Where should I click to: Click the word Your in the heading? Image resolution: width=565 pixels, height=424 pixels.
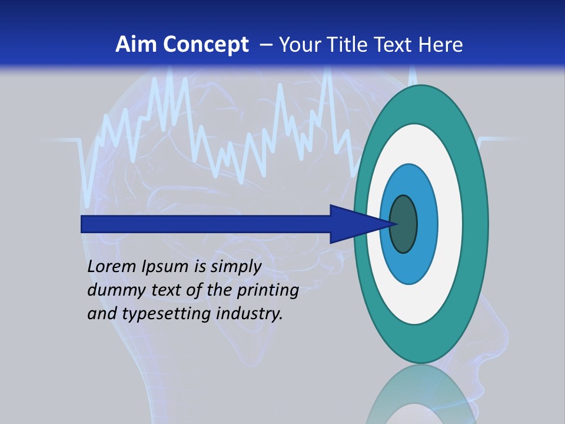tap(300, 45)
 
